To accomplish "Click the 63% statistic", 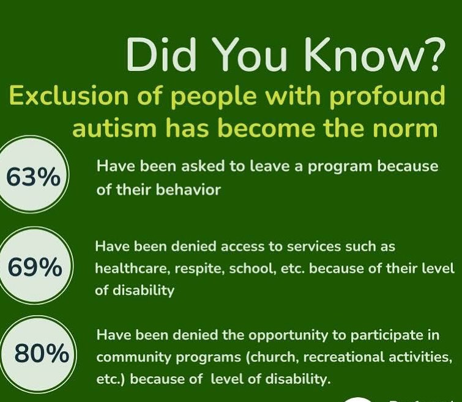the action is (x=33, y=177).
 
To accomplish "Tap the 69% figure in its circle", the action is (x=35, y=267).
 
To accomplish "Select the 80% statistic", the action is (x=42, y=353).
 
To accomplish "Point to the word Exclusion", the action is (x=70, y=96).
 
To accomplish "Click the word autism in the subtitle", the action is (x=114, y=128).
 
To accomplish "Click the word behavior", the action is (x=188, y=190).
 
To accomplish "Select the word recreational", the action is (x=344, y=357).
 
